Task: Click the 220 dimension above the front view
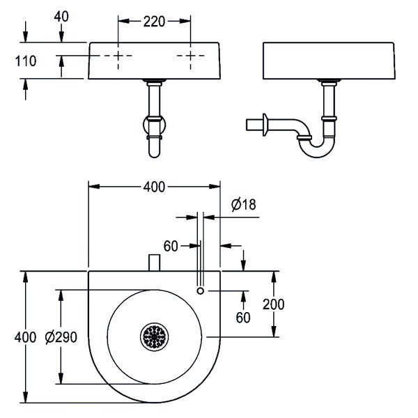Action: pyautogui.click(x=155, y=22)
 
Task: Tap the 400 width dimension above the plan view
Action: pyautogui.click(x=154, y=187)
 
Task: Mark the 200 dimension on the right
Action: pyautogui.click(x=274, y=304)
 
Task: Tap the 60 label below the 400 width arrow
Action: pyautogui.click(x=171, y=245)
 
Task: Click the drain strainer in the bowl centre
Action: pyautogui.click(x=153, y=337)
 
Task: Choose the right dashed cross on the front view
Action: pyautogui.click(x=189, y=56)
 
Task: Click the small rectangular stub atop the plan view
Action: pyautogui.click(x=154, y=264)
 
